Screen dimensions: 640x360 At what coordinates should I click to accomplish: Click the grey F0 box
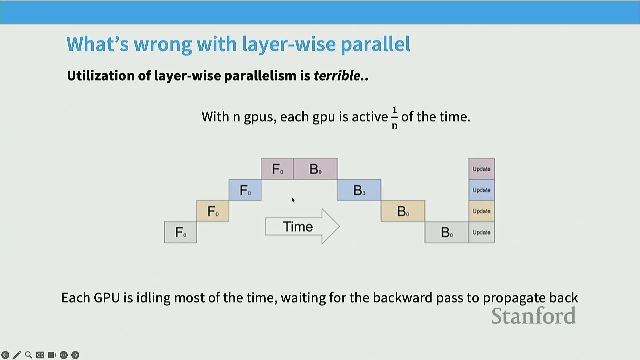(181, 232)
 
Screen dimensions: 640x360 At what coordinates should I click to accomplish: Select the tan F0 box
(213, 211)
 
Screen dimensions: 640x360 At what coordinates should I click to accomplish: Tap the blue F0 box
(245, 190)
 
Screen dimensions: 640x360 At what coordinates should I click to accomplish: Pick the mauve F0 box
(277, 169)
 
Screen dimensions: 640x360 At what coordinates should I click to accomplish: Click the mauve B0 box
(315, 169)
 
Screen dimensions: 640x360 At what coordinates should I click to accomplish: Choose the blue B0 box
(359, 190)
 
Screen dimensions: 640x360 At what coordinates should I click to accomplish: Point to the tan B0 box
(403, 211)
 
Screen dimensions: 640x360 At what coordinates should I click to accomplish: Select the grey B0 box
(447, 232)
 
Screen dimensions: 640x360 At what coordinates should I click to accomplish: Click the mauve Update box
(481, 169)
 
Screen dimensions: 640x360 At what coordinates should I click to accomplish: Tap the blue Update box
(481, 190)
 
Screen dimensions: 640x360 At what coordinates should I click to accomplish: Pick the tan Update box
(481, 211)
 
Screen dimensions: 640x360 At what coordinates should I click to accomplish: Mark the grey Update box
(481, 232)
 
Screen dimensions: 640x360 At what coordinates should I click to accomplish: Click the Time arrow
(302, 227)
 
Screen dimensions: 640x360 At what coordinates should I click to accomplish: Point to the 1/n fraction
(395, 117)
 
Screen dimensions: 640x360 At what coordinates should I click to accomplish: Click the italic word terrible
(337, 76)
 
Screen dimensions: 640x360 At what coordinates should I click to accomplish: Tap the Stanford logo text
(533, 316)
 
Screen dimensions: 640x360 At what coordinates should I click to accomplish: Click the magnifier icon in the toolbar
(29, 355)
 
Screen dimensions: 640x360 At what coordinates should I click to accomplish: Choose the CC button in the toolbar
(40, 355)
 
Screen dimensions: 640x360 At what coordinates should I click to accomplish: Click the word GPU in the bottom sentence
(107, 298)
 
